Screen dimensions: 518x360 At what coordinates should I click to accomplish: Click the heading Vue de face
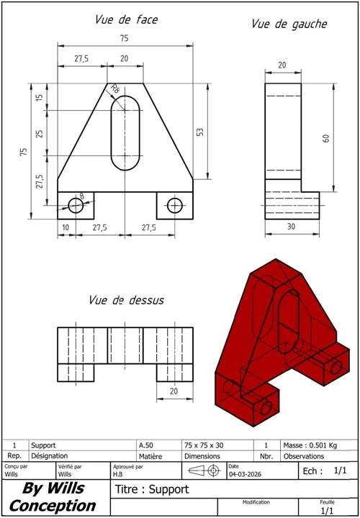click(126, 20)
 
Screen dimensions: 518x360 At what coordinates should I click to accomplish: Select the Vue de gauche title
click(289, 24)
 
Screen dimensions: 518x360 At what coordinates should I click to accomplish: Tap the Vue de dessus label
click(126, 299)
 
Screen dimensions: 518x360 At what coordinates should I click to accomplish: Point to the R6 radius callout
click(114, 89)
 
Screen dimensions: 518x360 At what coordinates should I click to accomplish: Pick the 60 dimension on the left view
click(325, 138)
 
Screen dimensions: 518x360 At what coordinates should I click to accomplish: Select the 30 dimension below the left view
click(292, 227)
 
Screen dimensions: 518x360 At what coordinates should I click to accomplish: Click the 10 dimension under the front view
click(66, 227)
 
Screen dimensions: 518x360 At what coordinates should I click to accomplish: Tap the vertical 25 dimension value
click(40, 133)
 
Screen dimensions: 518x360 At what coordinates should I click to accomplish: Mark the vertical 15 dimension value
click(40, 96)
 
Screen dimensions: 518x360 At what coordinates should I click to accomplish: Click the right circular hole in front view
click(174, 205)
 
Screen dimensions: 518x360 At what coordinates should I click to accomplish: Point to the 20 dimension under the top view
click(174, 391)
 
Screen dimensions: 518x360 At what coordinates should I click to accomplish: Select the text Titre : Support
click(142, 489)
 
